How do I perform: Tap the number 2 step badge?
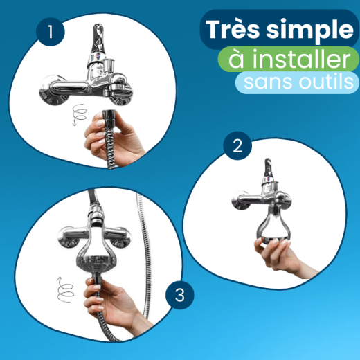[x=237, y=146]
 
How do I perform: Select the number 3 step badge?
[x=180, y=296]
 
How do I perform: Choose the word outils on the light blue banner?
[x=325, y=82]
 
